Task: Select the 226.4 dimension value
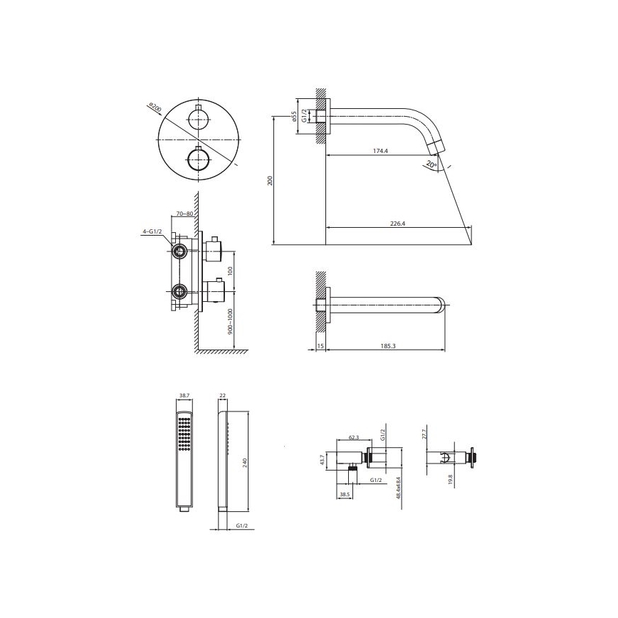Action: [397, 223]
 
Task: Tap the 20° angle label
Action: [430, 164]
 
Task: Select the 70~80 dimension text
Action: [185, 214]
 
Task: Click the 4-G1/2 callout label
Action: [152, 231]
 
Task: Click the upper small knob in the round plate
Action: [197, 119]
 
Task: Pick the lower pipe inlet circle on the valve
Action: [179, 290]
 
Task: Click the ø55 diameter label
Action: [293, 117]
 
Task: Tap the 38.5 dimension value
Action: [344, 493]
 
